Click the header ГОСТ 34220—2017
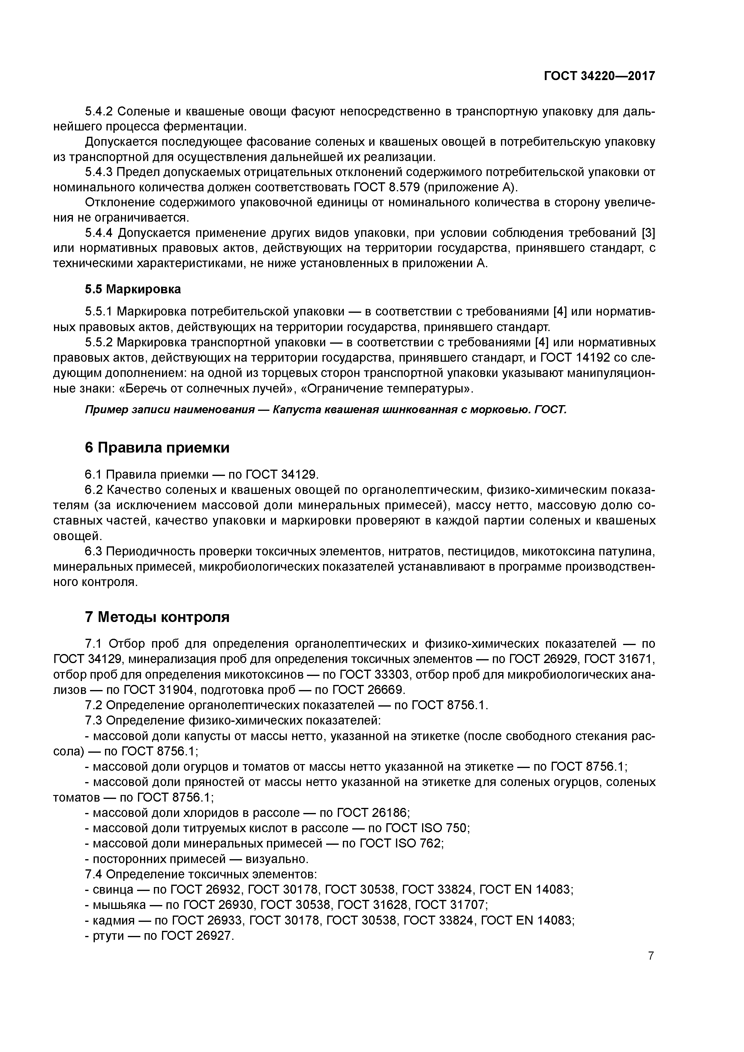pyautogui.click(x=599, y=76)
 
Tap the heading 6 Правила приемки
pyautogui.click(x=157, y=448)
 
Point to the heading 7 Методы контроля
pyautogui.click(x=157, y=617)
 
